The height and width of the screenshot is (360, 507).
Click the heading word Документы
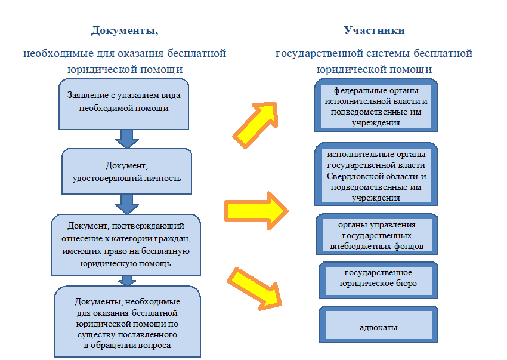(125, 30)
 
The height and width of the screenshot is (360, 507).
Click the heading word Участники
(375, 30)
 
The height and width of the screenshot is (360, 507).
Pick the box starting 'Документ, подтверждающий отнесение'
(126, 244)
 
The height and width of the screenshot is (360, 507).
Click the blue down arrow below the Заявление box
(126, 138)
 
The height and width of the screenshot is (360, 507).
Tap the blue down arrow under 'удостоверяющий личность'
(126, 204)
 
